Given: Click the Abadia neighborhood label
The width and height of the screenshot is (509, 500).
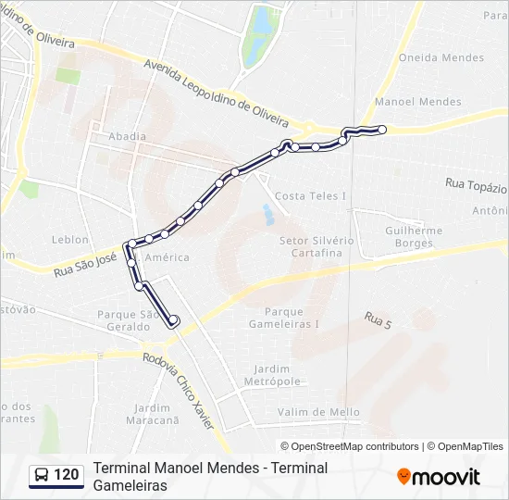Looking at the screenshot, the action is click(x=127, y=136).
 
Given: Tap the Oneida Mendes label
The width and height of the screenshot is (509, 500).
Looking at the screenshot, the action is click(x=428, y=57).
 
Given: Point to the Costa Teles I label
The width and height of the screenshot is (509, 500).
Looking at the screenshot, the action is click(x=311, y=196).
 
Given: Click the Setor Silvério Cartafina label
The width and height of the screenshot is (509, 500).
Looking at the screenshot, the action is click(x=317, y=246).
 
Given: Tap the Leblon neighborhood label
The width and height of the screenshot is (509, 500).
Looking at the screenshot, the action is click(x=70, y=239).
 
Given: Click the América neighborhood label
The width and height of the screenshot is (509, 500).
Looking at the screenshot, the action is click(x=168, y=257).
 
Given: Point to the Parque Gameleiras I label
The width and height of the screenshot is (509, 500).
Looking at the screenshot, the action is click(x=292, y=318).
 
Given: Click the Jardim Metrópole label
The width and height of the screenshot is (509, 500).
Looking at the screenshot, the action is click(x=272, y=375).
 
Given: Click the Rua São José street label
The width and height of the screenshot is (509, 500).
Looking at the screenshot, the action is click(x=85, y=264).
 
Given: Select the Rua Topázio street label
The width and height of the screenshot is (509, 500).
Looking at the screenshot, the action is click(x=476, y=184).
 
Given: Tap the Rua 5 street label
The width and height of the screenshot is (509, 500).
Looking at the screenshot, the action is click(x=378, y=321).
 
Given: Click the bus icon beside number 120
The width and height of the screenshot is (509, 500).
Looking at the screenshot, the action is click(x=42, y=475).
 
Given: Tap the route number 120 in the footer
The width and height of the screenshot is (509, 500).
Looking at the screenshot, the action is click(x=67, y=475).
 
